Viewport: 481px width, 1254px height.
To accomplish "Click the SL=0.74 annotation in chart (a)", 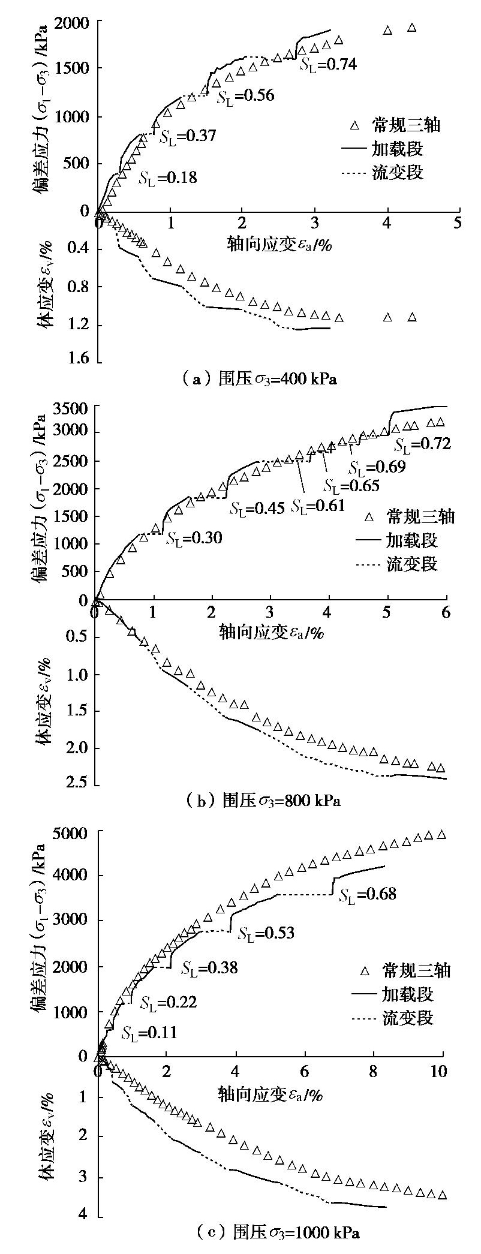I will (x=329, y=64).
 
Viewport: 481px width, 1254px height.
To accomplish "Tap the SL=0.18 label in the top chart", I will (x=167, y=178).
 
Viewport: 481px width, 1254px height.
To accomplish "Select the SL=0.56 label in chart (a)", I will (x=245, y=95).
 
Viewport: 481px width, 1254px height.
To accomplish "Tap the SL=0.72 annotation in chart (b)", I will (x=422, y=444).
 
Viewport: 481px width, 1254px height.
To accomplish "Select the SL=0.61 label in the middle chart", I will (x=318, y=506).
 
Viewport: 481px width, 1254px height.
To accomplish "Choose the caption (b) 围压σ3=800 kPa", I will (x=263, y=800).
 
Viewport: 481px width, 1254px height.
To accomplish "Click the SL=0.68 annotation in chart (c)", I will (x=368, y=894).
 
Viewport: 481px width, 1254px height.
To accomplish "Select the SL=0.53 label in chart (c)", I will (x=266, y=933).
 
